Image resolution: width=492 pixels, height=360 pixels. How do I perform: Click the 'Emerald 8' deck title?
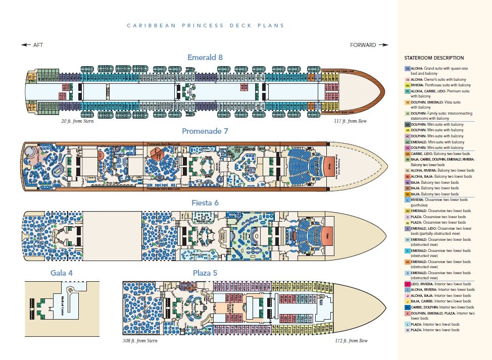pyautogui.click(x=205, y=57)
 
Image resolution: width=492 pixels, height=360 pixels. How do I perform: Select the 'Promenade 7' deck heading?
pyautogui.click(x=205, y=131)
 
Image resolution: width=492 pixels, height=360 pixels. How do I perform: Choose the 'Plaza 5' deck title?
pyautogui.click(x=205, y=273)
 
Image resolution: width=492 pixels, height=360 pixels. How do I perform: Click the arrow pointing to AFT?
pyautogui.click(x=26, y=45)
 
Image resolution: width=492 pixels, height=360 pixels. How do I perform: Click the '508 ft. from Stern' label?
pyautogui.click(x=140, y=341)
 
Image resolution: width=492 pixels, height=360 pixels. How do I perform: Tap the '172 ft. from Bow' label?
pyautogui.click(x=352, y=341)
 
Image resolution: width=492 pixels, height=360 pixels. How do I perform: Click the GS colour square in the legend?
pyautogui.click(x=407, y=68)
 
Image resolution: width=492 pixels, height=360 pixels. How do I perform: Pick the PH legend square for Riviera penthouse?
pyautogui.click(x=407, y=85)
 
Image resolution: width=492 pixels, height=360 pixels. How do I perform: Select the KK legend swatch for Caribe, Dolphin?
pyautogui.click(x=407, y=307)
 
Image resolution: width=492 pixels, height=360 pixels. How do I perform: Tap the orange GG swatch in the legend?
pyautogui.click(x=407, y=262)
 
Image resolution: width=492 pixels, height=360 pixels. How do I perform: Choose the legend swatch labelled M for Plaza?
pyautogui.click(x=407, y=330)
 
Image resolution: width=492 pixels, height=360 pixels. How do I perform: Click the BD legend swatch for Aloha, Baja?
pyautogui.click(x=407, y=177)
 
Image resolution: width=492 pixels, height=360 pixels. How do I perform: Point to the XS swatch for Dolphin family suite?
pyautogui.click(x=407, y=113)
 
